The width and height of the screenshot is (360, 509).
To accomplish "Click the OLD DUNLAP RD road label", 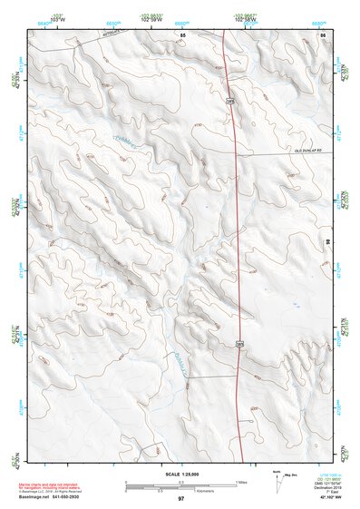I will click(x=307, y=152).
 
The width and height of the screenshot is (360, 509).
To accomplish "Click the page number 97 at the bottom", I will click(x=181, y=499).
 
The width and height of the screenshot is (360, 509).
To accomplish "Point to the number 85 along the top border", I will click(x=182, y=34).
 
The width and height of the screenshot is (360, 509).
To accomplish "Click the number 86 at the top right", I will click(x=322, y=34).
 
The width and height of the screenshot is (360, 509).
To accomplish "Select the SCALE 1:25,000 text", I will click(x=181, y=474).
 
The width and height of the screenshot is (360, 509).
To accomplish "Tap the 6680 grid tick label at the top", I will click(x=318, y=22).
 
